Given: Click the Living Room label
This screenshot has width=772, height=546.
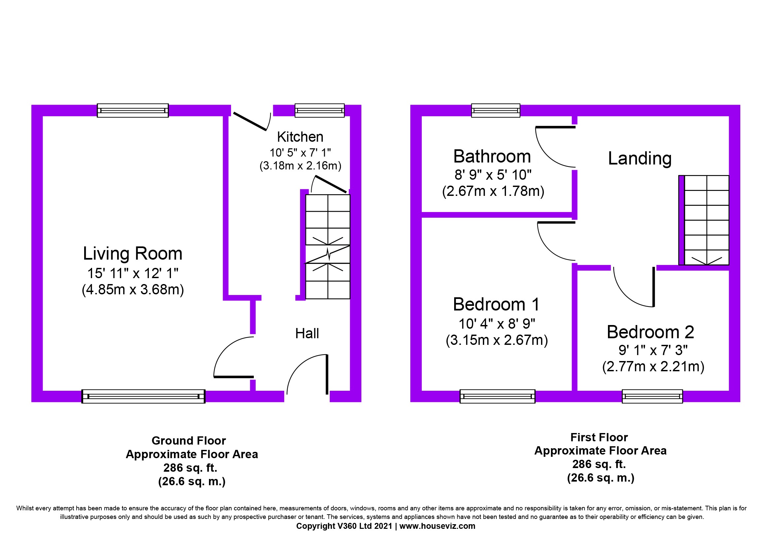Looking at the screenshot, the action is (x=132, y=254).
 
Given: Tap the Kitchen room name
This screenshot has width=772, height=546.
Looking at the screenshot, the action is (x=300, y=137).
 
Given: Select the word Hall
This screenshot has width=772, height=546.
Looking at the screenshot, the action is (x=307, y=333).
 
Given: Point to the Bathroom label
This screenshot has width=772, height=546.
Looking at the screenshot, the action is (x=492, y=157).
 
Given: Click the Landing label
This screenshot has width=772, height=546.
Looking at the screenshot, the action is (x=640, y=159).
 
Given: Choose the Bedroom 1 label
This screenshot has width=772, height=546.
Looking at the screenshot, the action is (x=496, y=305).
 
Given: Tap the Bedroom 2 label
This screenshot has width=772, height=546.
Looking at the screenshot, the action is (x=650, y=332).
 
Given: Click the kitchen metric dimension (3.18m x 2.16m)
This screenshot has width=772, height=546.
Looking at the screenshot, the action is (x=300, y=165).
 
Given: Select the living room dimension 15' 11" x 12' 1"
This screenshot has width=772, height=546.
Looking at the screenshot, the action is (x=133, y=273).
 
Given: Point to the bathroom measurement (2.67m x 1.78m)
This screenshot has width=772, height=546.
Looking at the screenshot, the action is (x=493, y=191).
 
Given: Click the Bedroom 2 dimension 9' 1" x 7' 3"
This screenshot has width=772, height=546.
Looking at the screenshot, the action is (x=653, y=350).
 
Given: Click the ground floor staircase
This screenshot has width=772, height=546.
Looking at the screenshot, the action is (x=327, y=247).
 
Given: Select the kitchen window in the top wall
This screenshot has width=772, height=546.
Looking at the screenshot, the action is (x=319, y=110).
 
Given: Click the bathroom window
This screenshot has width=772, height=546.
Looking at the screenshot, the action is (x=496, y=110).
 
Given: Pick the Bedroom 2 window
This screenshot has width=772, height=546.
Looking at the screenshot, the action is (x=652, y=396).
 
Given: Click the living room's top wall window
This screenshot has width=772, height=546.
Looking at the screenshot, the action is (x=133, y=110).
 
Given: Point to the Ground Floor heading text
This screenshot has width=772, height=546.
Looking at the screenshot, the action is (x=189, y=441).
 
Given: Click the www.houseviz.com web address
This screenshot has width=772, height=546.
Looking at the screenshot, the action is (x=437, y=526).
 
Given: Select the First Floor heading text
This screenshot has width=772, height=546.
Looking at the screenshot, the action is (x=599, y=437).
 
